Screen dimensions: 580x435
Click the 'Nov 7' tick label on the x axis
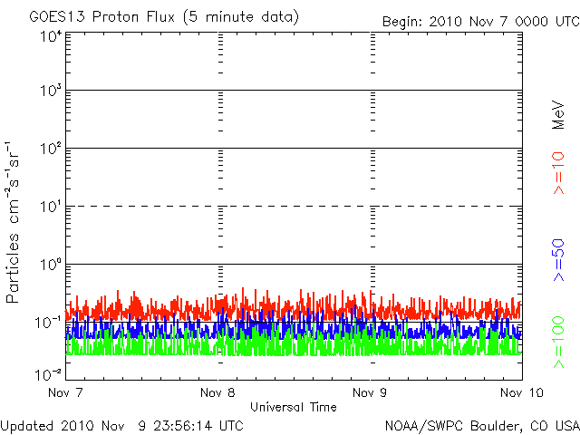tap(65, 392)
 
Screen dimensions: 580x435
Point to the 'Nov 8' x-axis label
tap(217, 392)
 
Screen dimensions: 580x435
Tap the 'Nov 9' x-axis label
tap(370, 392)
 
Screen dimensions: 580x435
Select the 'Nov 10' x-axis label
tap(522, 392)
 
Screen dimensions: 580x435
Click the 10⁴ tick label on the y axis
tap(51, 37)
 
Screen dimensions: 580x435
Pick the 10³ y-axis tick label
tap(51, 91)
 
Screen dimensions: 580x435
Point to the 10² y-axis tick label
tap(51, 149)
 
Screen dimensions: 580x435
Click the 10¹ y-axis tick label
tap(51, 207)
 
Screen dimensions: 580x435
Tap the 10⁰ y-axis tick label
tap(51, 265)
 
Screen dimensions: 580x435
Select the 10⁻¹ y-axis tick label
tap(49, 323)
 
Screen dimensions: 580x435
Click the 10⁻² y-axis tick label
tap(49, 375)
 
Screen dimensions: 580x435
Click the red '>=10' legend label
tap(558, 173)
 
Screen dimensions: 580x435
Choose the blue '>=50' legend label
tap(558, 260)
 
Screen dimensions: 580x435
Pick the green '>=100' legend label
tap(558, 343)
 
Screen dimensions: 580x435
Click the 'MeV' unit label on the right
tap(558, 115)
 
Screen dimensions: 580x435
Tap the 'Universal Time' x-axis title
tap(294, 407)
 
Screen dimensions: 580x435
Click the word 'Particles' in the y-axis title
tap(12, 268)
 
